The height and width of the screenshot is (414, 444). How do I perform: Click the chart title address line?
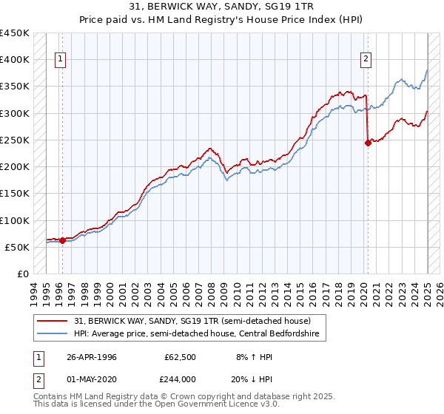pyautogui.click(x=221, y=7)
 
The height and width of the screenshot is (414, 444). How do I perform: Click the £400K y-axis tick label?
pyautogui.click(x=14, y=59)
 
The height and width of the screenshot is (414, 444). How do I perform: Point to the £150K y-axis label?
pyautogui.click(x=14, y=193)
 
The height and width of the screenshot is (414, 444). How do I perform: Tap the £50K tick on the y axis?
pyautogui.click(x=17, y=247)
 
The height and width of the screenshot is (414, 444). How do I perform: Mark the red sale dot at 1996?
pyautogui.click(x=62, y=240)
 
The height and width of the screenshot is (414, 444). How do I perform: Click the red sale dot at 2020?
pyautogui.click(x=368, y=143)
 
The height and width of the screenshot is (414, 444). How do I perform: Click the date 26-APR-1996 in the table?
pyautogui.click(x=92, y=357)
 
